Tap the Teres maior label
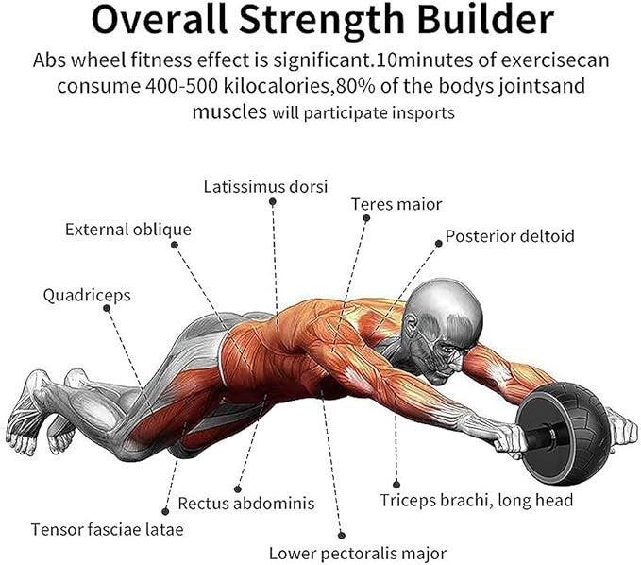(396, 204)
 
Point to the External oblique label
(127, 230)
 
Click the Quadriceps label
(87, 296)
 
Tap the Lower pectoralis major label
(357, 553)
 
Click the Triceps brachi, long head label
(476, 500)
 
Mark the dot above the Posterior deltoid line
(438, 243)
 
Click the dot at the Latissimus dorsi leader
(273, 201)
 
